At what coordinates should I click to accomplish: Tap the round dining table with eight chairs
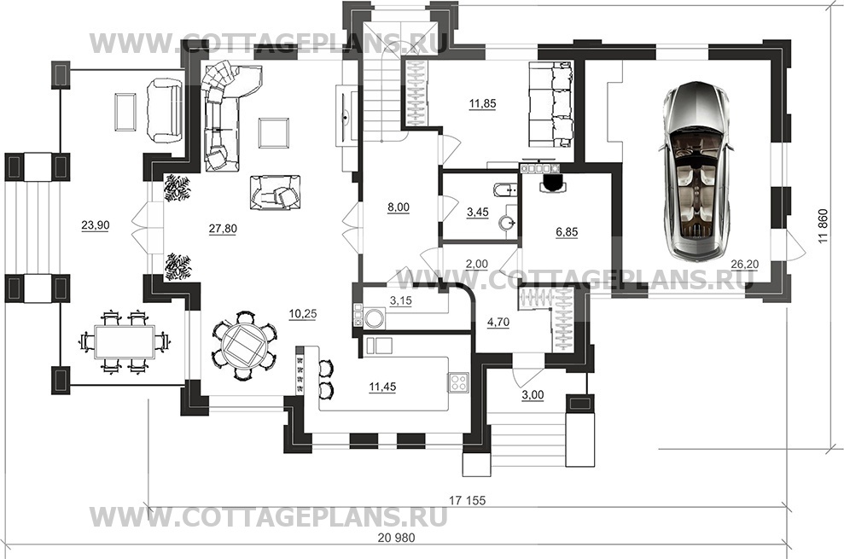[x=244, y=344]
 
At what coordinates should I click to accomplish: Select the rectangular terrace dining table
[x=125, y=341]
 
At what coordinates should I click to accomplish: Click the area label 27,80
[x=223, y=229]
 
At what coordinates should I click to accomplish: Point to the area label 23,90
[x=96, y=225]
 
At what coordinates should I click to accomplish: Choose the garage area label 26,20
[x=744, y=264]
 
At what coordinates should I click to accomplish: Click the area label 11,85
[x=482, y=103]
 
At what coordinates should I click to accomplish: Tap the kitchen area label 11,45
[x=382, y=387]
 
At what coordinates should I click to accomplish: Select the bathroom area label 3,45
[x=477, y=213]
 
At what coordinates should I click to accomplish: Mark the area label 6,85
[x=567, y=232]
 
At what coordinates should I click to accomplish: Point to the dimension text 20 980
[x=397, y=538]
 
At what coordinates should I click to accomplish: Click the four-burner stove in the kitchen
[x=458, y=381]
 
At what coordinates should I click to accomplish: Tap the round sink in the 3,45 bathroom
[x=507, y=223]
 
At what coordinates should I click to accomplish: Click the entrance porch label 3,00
[x=533, y=395]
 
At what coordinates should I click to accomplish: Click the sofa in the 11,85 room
[x=550, y=104]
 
